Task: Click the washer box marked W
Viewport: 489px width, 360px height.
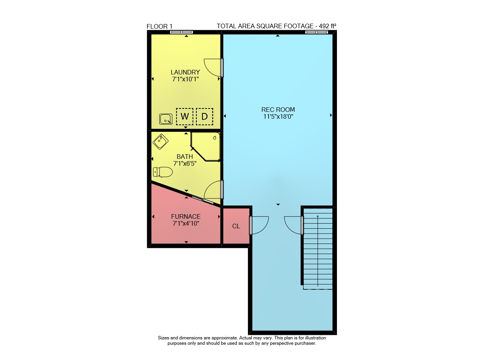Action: [185, 117]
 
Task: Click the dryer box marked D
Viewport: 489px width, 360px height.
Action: [204, 117]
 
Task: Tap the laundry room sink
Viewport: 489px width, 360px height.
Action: [166, 119]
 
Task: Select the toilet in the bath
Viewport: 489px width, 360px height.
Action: [163, 172]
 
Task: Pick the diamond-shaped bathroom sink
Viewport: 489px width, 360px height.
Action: [160, 142]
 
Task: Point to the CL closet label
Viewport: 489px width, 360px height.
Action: [236, 226]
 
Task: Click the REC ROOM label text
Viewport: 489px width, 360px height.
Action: [278, 110]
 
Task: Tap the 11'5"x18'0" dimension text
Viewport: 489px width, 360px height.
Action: [278, 116]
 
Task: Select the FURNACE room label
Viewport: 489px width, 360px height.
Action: [186, 216]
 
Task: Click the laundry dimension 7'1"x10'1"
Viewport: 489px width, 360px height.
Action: [185, 79]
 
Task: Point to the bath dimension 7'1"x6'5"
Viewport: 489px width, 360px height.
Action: [185, 163]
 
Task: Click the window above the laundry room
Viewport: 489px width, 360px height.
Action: [181, 32]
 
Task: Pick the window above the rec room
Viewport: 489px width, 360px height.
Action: [317, 32]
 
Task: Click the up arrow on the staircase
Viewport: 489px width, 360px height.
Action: [317, 251]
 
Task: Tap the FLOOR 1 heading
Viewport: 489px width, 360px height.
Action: [160, 27]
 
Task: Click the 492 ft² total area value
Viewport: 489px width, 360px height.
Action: [327, 26]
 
